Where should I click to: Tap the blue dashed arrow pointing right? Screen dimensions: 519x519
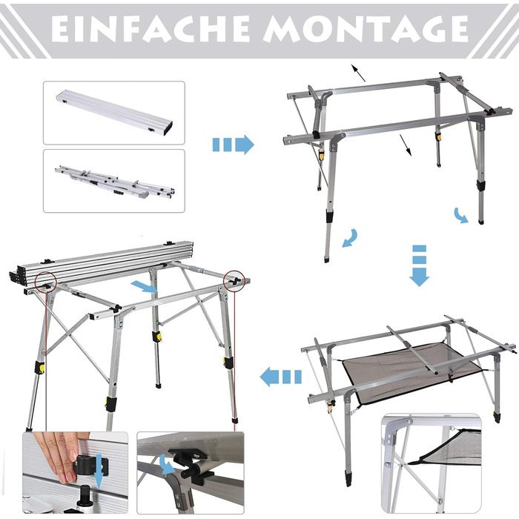point(233,145)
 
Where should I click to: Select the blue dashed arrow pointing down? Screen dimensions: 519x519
point(420,265)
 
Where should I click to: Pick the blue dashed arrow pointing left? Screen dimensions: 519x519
point(281,377)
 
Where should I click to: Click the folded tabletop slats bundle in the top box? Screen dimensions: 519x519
point(114,113)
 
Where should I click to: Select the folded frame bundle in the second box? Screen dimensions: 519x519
point(115,182)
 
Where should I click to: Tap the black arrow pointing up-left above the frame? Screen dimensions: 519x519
point(358,73)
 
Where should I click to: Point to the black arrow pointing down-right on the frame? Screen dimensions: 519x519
point(406,145)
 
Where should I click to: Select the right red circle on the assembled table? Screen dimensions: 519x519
point(234,281)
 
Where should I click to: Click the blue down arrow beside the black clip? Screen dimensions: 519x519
point(99,472)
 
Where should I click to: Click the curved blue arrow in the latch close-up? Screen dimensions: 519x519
point(167,464)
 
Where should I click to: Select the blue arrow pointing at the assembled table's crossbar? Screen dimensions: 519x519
point(144,287)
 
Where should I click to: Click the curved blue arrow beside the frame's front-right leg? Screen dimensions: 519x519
point(460,216)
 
